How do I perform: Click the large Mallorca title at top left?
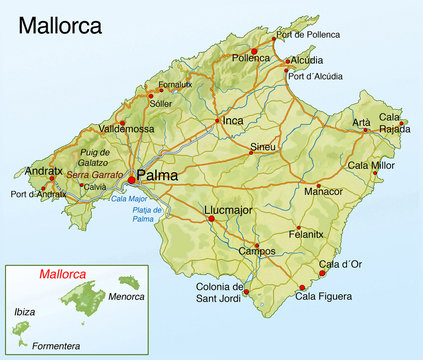pyautogui.click(x=60, y=24)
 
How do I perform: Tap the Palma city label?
pyautogui.click(x=157, y=175)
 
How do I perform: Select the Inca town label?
pyautogui.click(x=233, y=121)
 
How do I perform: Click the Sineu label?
pyautogui.click(x=263, y=147)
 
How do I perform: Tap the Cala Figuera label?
pyautogui.click(x=325, y=296)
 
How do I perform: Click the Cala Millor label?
pyautogui.click(x=371, y=165)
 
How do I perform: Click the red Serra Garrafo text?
pyautogui.click(x=95, y=174)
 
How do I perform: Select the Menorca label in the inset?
pyautogui.click(x=126, y=296)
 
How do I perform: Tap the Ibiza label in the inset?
pyautogui.click(x=24, y=312)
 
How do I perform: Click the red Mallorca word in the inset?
pyautogui.click(x=62, y=273)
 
